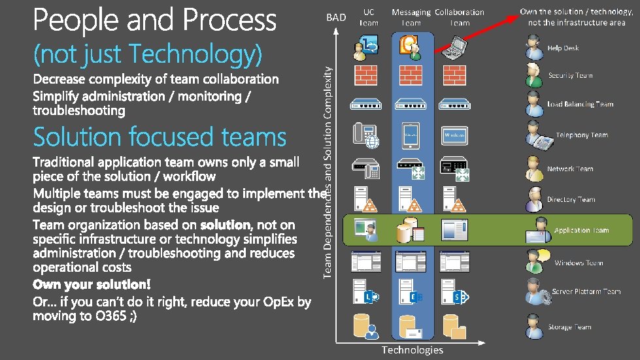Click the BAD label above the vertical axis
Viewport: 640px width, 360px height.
[x=336, y=18]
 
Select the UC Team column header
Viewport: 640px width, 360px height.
[x=369, y=18]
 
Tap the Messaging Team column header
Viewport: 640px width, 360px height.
[x=411, y=18]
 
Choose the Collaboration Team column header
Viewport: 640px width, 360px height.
[x=460, y=18]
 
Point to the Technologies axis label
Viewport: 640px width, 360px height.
[x=412, y=350]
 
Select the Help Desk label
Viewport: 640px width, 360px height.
[x=563, y=48]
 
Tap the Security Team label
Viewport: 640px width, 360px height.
[x=570, y=76]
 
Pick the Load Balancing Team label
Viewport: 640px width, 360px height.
[x=580, y=105]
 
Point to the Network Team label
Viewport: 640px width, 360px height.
[x=570, y=169]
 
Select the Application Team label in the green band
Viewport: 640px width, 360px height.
[x=581, y=231]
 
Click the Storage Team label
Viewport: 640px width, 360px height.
[x=569, y=327]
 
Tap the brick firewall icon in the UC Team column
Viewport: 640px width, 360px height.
[x=365, y=74]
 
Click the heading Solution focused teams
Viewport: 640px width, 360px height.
[x=160, y=138]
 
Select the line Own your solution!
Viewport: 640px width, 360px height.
[x=92, y=285]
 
